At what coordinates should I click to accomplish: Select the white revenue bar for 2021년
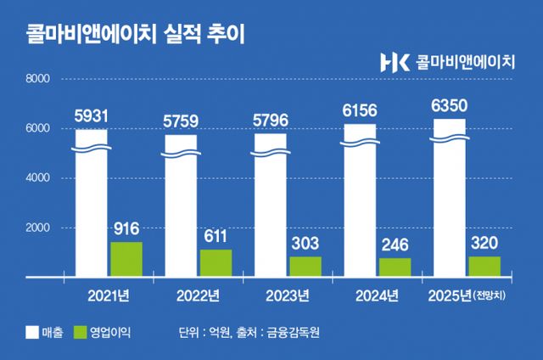[x=92, y=204]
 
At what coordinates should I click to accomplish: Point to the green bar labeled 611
[x=216, y=263]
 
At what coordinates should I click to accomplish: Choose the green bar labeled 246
[x=395, y=267]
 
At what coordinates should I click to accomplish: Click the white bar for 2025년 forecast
[x=450, y=198]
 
